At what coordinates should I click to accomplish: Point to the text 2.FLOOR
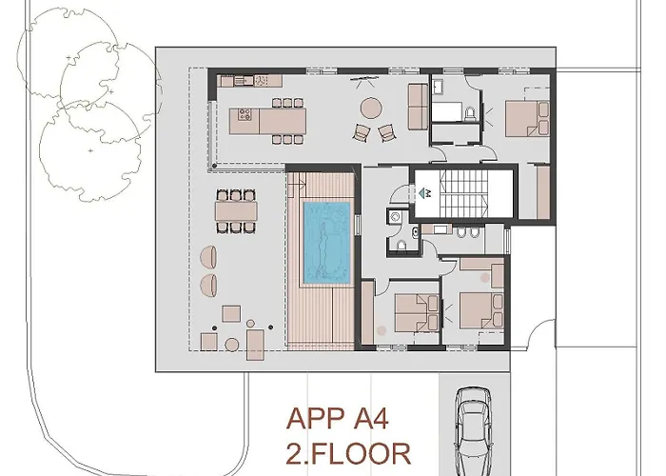[x=346, y=451]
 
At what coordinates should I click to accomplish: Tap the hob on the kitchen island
[x=244, y=120]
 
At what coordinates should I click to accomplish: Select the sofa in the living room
[x=417, y=105]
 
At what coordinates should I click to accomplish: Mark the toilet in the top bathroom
[x=470, y=113]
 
